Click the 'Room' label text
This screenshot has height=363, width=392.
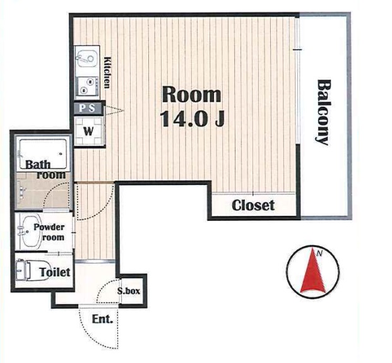[191, 94]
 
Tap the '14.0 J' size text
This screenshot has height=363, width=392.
[193, 119]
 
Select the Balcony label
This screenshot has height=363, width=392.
[324, 112]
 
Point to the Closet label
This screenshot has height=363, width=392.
[253, 206]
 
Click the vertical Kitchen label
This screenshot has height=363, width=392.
[107, 73]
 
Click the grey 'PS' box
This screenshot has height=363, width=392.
[88, 109]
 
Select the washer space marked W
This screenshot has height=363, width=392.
[88, 131]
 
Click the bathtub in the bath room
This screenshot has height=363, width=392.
[43, 153]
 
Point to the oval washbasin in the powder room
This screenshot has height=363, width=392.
[30, 232]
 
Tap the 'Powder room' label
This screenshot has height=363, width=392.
[49, 232]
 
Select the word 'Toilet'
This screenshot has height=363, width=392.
[55, 272]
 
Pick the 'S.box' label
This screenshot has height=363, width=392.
[129, 291]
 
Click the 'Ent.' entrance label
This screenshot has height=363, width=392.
[102, 319]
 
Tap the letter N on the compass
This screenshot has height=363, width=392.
[319, 253]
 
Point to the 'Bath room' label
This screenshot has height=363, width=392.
[45, 169]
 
